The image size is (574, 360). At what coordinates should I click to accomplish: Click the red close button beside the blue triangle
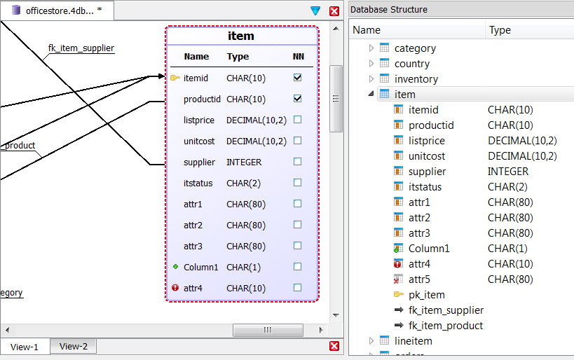pos(334,11)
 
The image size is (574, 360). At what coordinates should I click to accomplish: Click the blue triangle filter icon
pos(315,11)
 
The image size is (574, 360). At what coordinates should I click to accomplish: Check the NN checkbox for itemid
pos(298,78)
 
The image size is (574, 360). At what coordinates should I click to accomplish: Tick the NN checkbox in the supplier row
pos(298,162)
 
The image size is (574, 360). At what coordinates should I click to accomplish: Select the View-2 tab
pos(74,346)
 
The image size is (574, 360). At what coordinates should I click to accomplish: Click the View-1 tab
pos(25,347)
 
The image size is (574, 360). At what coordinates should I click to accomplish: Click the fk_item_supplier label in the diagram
pos(81,48)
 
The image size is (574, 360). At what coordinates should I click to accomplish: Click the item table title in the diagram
pos(241,36)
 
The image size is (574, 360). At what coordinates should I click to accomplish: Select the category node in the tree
pos(415,48)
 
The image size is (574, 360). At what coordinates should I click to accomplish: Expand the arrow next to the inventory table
pos(371,79)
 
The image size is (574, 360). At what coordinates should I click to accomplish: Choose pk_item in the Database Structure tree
pos(426,295)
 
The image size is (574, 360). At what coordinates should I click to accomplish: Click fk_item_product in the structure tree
pos(446,326)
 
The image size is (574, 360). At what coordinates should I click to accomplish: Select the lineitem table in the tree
pos(413,341)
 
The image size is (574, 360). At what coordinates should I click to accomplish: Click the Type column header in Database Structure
pos(500,30)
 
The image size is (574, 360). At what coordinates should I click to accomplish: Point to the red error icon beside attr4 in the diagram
pos(175,288)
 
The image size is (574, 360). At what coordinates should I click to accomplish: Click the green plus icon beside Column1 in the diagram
pos(175,267)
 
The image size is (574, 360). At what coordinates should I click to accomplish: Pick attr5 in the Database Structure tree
pos(419,279)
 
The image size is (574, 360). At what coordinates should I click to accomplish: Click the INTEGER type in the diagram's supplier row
pos(244,162)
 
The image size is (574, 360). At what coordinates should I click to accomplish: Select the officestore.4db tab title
pos(59,11)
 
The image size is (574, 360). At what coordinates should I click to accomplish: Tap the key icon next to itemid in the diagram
pos(175,78)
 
